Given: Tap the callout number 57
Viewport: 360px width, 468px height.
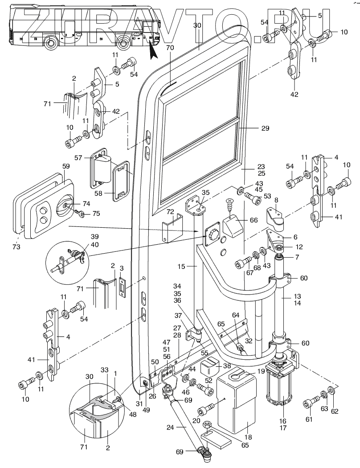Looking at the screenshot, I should [79, 158].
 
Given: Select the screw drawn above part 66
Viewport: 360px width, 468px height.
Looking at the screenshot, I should [230, 206].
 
